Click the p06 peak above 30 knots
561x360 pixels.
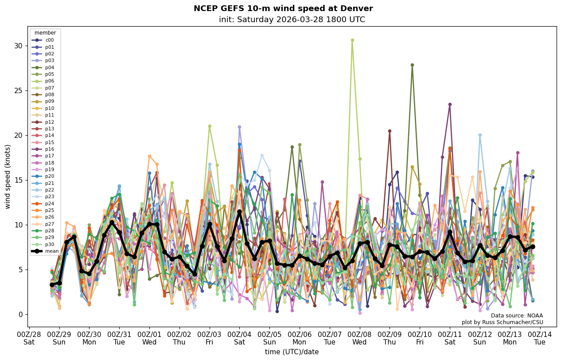coord(352,40)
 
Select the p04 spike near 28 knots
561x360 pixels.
coord(412,65)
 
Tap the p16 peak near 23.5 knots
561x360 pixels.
coord(450,105)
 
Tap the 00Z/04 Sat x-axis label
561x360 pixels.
coord(239,338)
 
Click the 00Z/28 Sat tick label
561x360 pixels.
coord(29,338)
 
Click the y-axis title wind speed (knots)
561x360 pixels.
coord(8,176)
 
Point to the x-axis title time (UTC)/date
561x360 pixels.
coord(292,352)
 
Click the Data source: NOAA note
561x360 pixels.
coord(517,316)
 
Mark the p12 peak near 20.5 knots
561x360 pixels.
coord(390,131)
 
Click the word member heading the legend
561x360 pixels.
coord(45,33)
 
